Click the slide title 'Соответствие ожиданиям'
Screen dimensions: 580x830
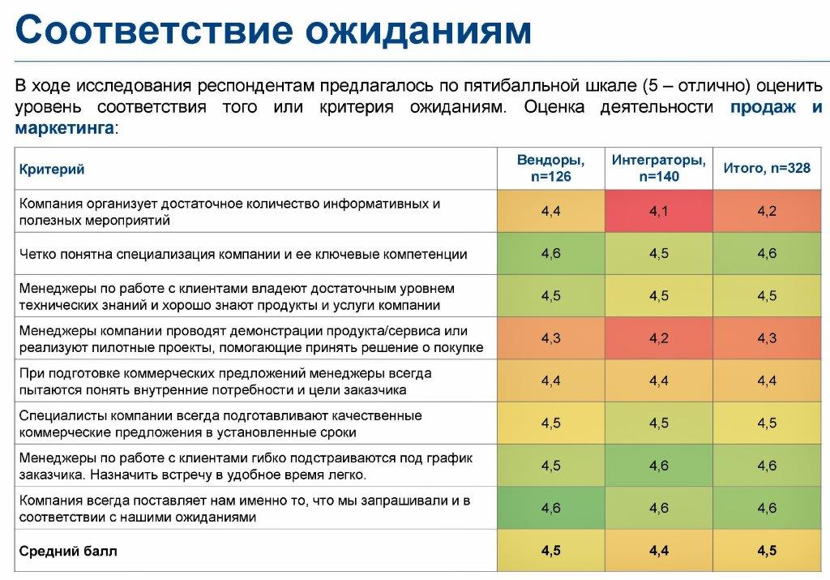pyautogui.click(x=274, y=30)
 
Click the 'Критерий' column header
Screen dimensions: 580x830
pyautogui.click(x=52, y=170)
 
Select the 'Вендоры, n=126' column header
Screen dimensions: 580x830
pyautogui.click(x=550, y=168)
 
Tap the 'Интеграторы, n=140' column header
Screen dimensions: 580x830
pyautogui.click(x=659, y=168)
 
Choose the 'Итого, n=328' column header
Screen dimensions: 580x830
pyautogui.click(x=767, y=169)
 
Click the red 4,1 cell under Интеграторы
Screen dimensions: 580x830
pyautogui.click(x=659, y=212)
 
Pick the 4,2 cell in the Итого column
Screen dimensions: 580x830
pyautogui.click(x=767, y=212)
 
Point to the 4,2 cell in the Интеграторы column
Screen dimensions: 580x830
pyautogui.click(x=659, y=338)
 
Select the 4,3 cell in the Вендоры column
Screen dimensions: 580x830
pyautogui.click(x=550, y=338)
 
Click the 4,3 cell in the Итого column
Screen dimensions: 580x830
pyautogui.click(x=767, y=338)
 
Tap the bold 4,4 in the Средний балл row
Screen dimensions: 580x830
pyautogui.click(x=659, y=551)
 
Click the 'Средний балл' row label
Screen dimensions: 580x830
pyautogui.click(x=68, y=552)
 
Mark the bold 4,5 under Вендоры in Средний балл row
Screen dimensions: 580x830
pyautogui.click(x=550, y=551)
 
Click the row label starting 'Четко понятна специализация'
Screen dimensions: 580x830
pyautogui.click(x=243, y=254)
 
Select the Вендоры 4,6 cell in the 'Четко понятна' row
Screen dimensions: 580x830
pyautogui.click(x=550, y=254)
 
